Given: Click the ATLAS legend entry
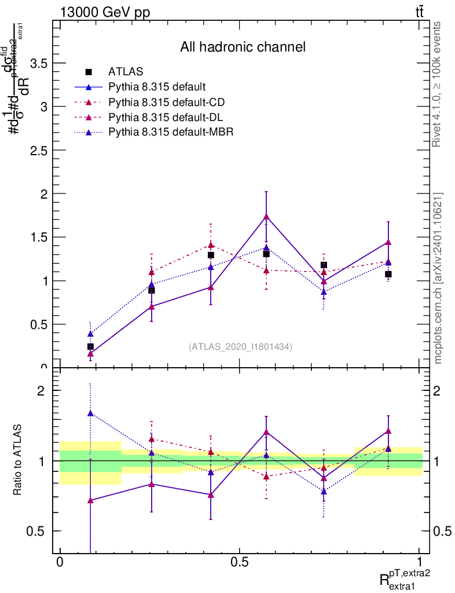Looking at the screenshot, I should (x=125, y=72).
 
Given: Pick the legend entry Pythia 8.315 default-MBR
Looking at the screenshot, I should (x=171, y=133).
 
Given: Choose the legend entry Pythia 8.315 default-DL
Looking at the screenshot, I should (x=166, y=118).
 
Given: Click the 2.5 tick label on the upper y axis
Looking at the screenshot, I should (x=39, y=150).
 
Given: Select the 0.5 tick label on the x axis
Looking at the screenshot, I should (x=239, y=562).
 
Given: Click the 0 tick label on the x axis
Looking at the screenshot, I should (x=60, y=562).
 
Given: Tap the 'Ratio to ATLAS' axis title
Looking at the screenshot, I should (x=19, y=460).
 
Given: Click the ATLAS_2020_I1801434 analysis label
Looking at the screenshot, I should (x=240, y=346).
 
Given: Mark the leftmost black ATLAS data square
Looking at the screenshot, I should (x=90, y=346).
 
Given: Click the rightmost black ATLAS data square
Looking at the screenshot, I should (x=388, y=274).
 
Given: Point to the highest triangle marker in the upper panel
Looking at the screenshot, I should (x=266, y=217).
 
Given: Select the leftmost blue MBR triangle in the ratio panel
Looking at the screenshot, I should (x=90, y=413).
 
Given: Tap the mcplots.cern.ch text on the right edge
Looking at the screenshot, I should (x=438, y=278).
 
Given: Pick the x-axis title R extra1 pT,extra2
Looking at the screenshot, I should (x=405, y=577).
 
